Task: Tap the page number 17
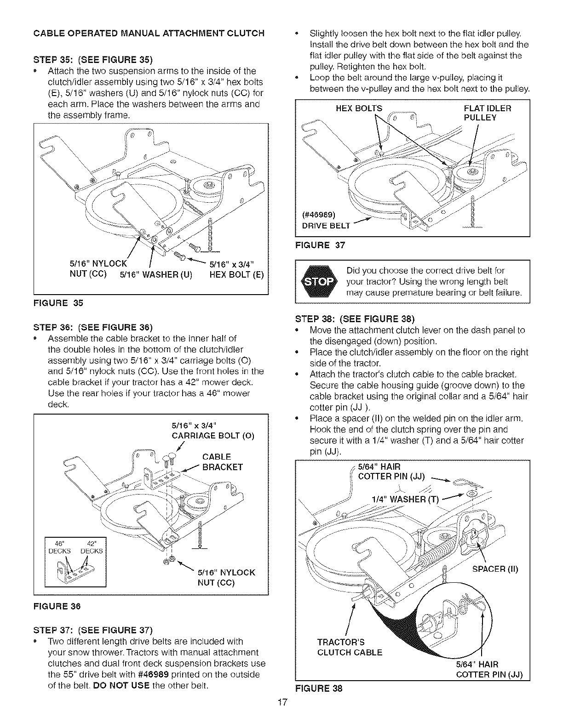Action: click(282, 716)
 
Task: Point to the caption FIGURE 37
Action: click(320, 245)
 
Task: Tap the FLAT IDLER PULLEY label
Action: click(487, 113)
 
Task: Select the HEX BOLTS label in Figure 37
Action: click(360, 108)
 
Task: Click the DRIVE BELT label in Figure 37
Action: click(326, 226)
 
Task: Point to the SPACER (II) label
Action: click(495, 569)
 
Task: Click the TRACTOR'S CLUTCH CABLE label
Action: click(350, 647)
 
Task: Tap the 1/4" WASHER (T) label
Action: click(405, 500)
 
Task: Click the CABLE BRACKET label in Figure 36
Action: click(222, 462)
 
